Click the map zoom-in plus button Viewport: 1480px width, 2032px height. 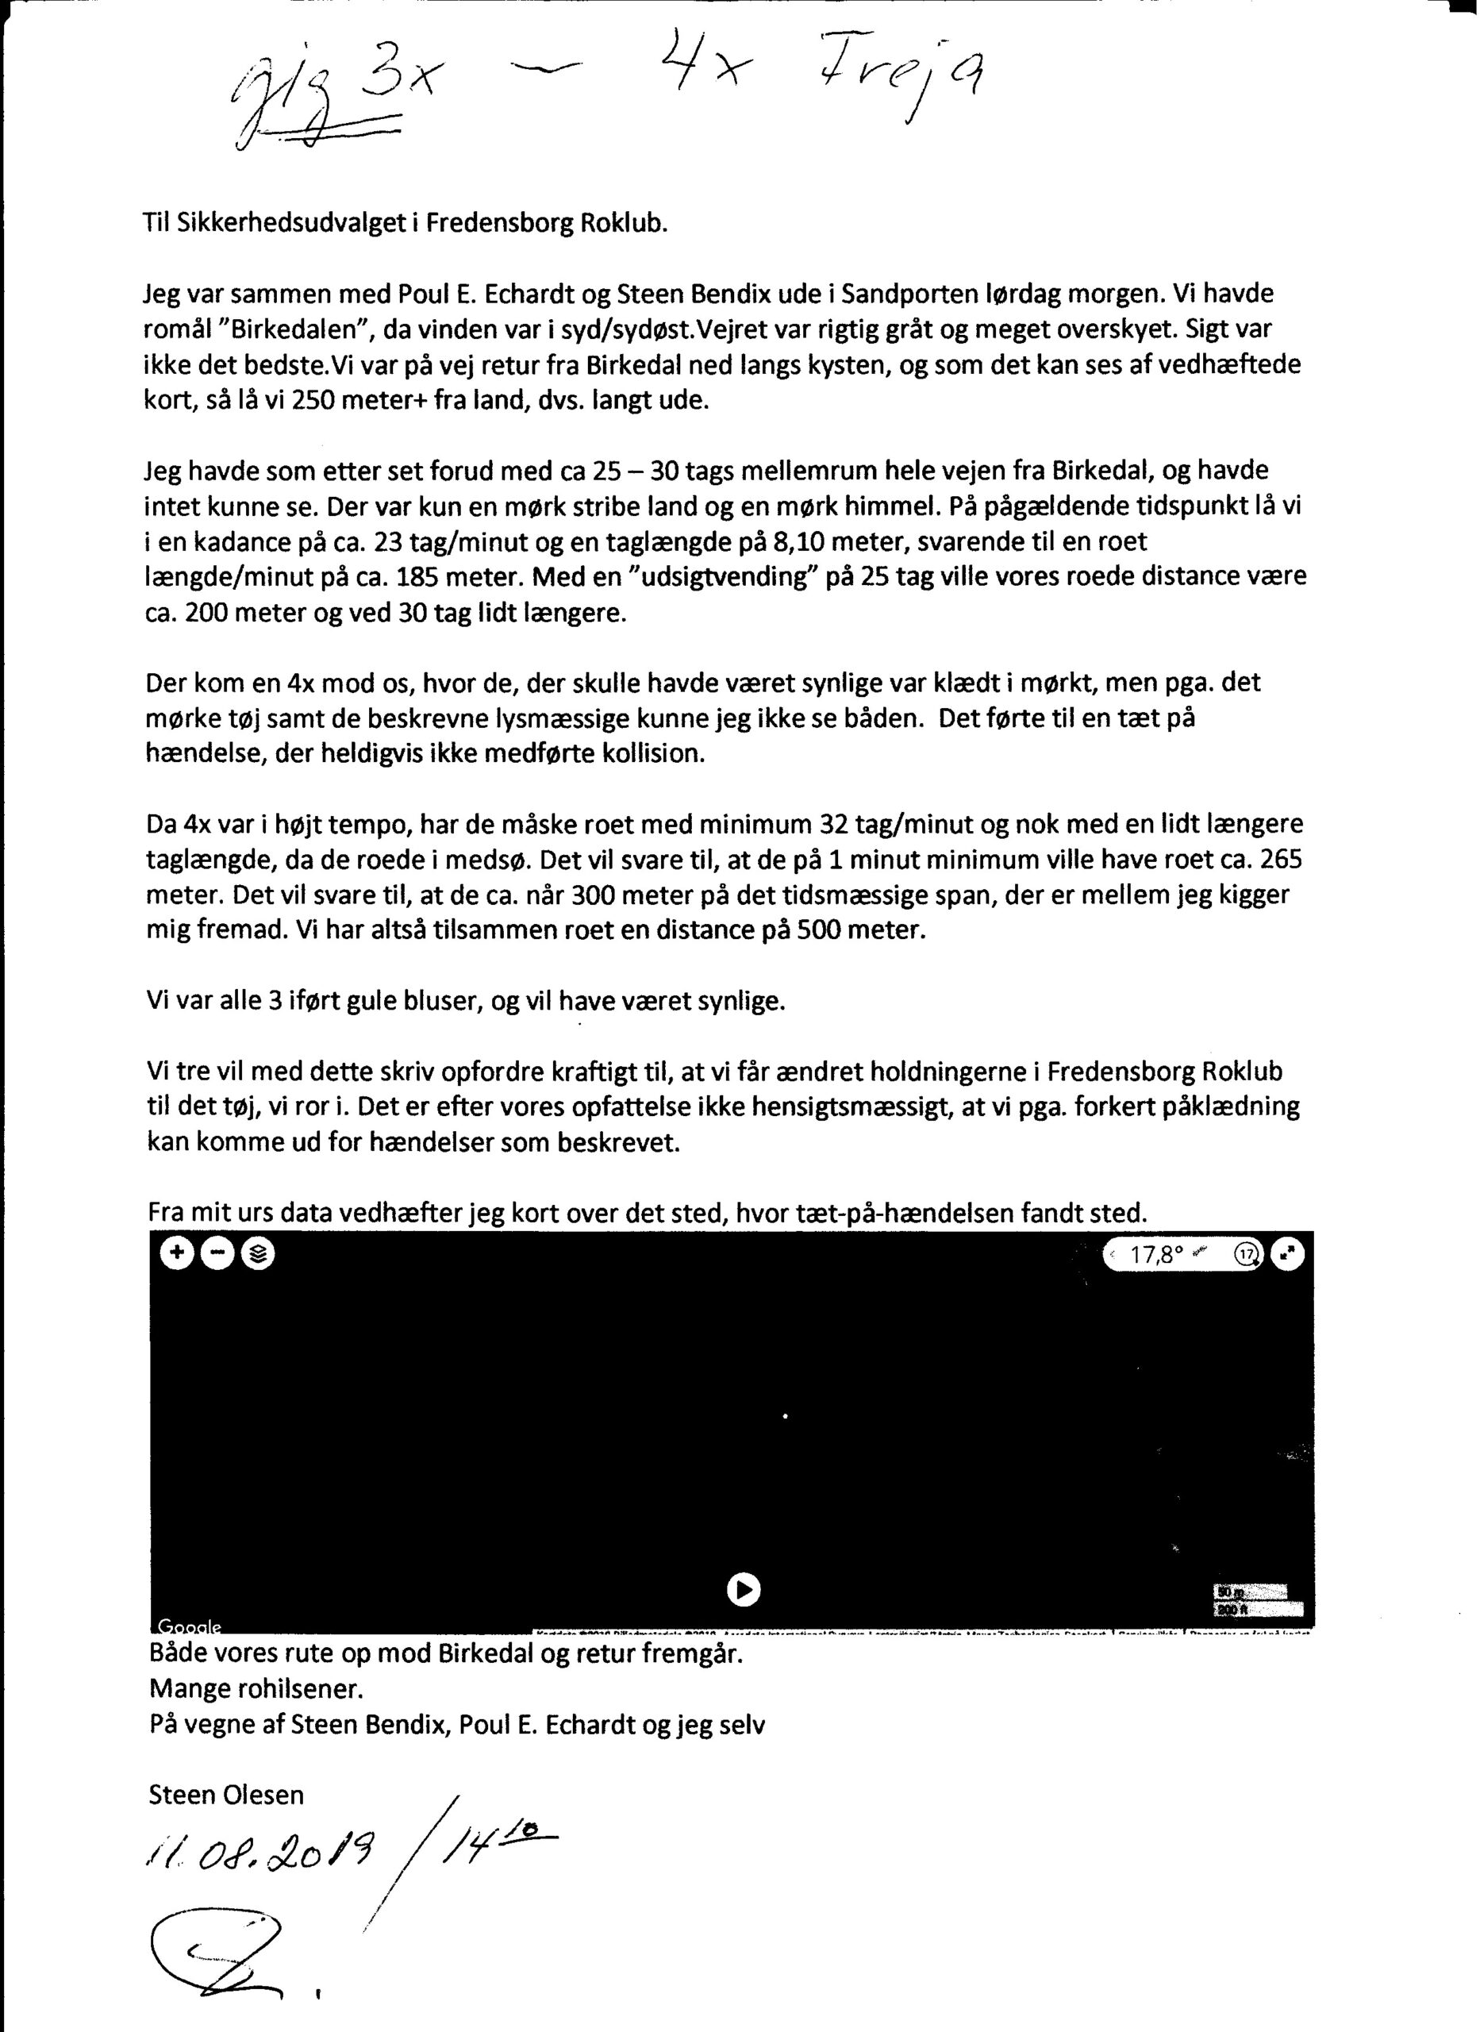pyautogui.click(x=176, y=1254)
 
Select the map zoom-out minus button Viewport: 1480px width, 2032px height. pyautogui.click(x=217, y=1254)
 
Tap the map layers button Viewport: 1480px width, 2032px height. pyautogui.click(x=259, y=1254)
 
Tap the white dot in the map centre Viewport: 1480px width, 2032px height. pyautogui.click(x=786, y=1415)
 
